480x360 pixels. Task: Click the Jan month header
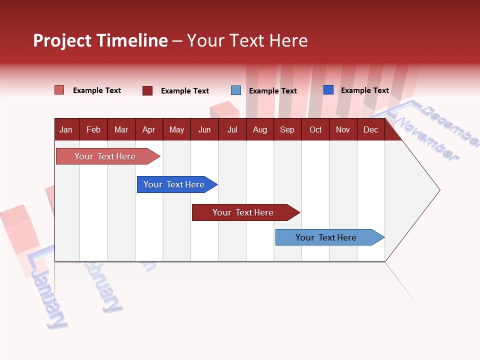[x=66, y=129]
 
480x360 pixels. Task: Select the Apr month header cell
[x=149, y=129]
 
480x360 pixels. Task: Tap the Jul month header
[x=232, y=129]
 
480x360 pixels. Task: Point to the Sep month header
[x=287, y=129]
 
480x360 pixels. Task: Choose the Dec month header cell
[x=370, y=129]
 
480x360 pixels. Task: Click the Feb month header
[x=93, y=129]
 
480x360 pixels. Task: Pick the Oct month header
[x=315, y=129]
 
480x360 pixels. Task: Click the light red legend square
[x=59, y=90]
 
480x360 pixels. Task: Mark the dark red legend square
[x=147, y=90]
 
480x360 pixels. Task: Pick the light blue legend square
[x=236, y=90]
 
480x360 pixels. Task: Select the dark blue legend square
[x=328, y=90]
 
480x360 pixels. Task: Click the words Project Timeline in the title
[x=100, y=40]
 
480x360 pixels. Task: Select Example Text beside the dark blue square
[x=364, y=90]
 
